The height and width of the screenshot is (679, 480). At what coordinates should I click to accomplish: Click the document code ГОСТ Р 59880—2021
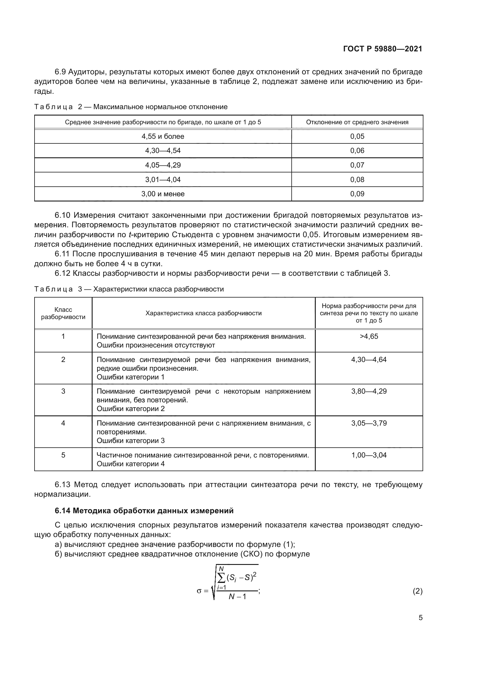[383, 49]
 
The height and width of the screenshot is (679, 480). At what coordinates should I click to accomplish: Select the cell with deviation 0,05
[357, 136]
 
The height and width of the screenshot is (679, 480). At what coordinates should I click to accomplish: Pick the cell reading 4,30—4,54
[163, 151]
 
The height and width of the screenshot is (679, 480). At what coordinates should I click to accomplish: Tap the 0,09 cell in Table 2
[357, 194]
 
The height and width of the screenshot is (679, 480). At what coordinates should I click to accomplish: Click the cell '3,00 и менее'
[163, 194]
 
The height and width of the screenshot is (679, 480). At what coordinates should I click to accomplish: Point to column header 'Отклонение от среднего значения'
[357, 122]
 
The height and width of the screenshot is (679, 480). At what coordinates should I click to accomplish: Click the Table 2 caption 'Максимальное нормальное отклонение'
[160, 107]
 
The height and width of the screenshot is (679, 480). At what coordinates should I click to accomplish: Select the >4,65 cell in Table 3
[369, 336]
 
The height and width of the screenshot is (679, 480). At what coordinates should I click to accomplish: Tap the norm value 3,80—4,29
[369, 391]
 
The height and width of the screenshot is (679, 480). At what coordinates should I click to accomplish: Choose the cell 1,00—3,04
[369, 455]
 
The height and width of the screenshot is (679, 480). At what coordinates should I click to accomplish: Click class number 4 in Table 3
[63, 423]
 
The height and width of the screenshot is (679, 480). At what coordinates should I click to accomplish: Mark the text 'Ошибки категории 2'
[131, 409]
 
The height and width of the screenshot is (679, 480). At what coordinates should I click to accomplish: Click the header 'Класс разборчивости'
[63, 313]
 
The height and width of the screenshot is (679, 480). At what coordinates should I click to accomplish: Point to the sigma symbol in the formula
[199, 591]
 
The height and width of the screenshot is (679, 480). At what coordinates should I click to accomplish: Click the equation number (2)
[417, 591]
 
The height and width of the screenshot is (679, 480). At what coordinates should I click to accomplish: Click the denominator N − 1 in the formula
[237, 597]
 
